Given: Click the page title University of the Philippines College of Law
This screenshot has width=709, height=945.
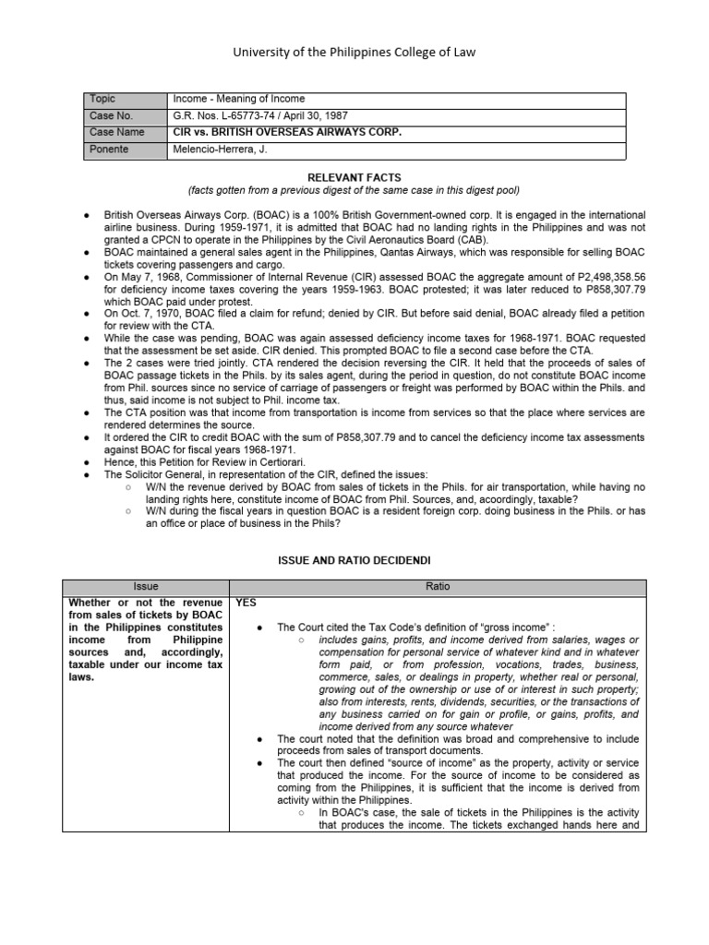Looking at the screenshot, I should point(354,53).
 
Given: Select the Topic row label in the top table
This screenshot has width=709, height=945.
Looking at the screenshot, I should point(103,99).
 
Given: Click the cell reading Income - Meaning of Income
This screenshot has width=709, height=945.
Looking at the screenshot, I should point(238,99).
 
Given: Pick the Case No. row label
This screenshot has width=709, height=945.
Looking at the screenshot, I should point(111,115).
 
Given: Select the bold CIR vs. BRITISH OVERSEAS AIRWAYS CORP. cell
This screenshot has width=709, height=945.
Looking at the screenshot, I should point(287,132).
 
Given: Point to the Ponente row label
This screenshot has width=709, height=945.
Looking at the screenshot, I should point(110,149).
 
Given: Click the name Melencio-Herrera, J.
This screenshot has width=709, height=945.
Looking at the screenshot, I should point(218,149).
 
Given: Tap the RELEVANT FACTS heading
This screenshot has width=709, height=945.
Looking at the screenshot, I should point(354,175).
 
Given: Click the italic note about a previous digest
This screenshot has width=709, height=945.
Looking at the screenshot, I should point(354,190).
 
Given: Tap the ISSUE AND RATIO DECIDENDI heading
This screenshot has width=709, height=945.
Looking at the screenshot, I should point(354,560).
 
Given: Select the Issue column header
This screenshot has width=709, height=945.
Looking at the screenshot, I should point(145,586).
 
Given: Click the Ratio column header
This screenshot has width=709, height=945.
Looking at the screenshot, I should point(437,586).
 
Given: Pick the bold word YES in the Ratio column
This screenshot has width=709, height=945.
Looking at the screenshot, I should point(246,603).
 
